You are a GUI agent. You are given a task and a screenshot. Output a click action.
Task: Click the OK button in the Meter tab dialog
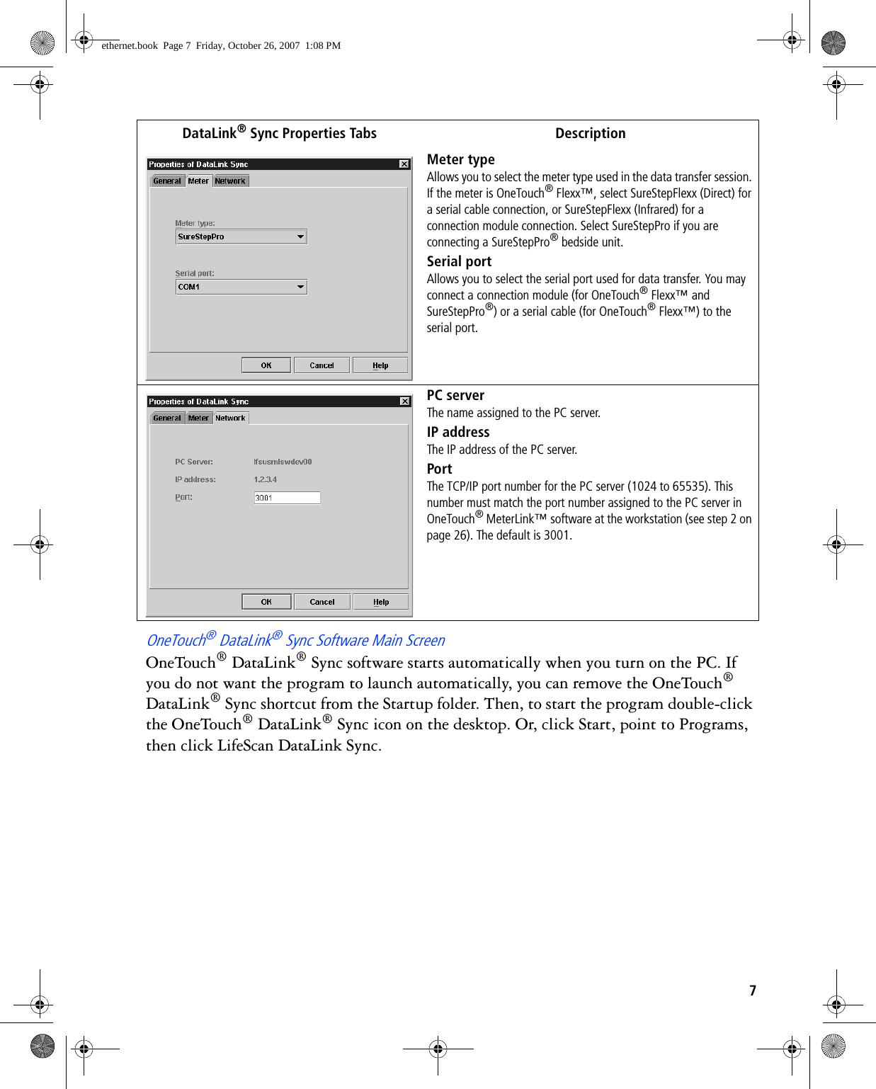tap(266, 365)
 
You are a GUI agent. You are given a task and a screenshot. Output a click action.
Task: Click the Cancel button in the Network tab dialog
tap(322, 602)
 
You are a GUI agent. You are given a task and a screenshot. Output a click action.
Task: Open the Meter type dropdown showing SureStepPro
tap(301, 236)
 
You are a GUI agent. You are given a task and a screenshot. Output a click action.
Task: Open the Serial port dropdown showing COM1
tap(301, 287)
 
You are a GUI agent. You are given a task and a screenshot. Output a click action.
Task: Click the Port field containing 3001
tap(287, 498)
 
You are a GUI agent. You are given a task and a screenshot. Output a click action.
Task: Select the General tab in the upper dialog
tap(167, 181)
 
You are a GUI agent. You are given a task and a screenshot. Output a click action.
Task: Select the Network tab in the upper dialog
tap(230, 181)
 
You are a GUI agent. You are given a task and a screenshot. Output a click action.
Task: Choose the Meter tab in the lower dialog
tap(198, 418)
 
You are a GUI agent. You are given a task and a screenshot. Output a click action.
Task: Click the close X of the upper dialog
tap(404, 164)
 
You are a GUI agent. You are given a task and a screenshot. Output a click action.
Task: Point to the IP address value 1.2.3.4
tap(266, 479)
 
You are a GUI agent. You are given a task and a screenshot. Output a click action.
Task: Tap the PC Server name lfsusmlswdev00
tap(283, 462)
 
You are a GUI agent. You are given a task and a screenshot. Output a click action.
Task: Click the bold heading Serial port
tap(459, 261)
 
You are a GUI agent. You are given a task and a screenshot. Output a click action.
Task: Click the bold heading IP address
tap(458, 432)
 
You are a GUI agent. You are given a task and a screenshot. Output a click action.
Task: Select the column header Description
tap(590, 133)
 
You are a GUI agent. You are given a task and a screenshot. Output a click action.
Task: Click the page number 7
tap(753, 991)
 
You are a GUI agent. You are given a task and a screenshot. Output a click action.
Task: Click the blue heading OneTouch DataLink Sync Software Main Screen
tap(295, 640)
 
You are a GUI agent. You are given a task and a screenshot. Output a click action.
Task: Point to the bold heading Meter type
tap(460, 159)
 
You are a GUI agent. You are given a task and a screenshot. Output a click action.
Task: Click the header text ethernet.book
tap(130, 45)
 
